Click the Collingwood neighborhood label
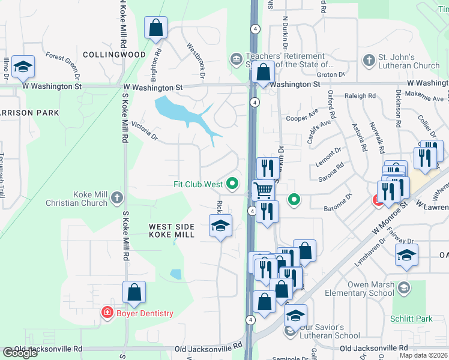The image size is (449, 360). coord(114,55)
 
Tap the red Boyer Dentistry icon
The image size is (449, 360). coord(107,313)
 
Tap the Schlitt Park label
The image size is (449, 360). coord(411,319)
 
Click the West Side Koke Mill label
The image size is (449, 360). coord(172,230)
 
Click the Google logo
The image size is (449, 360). coord(20,353)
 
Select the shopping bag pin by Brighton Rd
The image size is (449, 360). coord(156,28)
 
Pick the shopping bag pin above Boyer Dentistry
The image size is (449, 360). coord(134,292)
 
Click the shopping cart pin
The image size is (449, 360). coord(263,191)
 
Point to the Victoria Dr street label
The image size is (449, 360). coord(145,131)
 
